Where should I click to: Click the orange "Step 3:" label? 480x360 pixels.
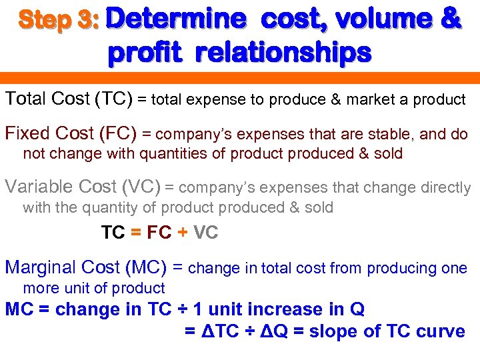[59, 20]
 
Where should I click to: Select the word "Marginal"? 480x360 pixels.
[41, 268]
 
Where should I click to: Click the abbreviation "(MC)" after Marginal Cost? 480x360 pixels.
[145, 268]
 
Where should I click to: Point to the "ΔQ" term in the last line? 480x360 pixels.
[271, 331]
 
